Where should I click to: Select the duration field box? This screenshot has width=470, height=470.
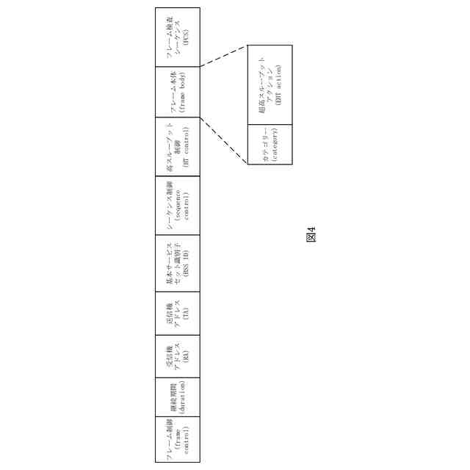[x=177, y=397]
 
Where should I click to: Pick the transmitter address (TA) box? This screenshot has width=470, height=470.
[x=177, y=312]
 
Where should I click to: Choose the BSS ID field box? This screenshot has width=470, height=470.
[x=177, y=263]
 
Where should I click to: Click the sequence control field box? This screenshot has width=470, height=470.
[x=177, y=204]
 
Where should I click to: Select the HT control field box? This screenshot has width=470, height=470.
[x=177, y=146]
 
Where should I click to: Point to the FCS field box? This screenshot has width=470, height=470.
[x=177, y=37]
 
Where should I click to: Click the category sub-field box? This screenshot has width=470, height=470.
[x=270, y=143]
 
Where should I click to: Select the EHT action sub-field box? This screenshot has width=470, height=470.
[x=270, y=84]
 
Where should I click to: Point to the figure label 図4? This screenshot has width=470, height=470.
[x=311, y=236]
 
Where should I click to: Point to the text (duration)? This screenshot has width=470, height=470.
[x=182, y=397]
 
